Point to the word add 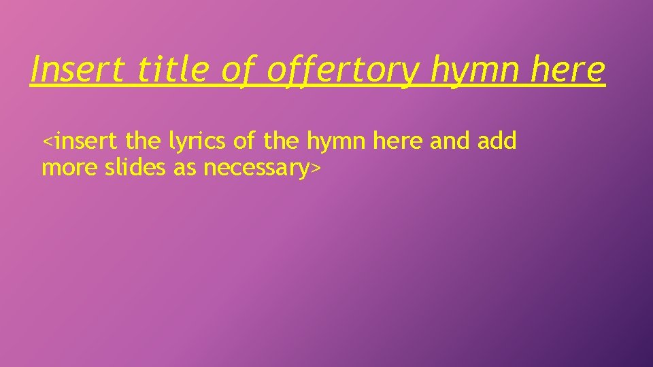click(x=497, y=141)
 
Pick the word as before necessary click(x=185, y=168)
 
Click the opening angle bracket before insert click(x=47, y=142)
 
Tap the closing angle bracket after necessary click(x=314, y=169)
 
